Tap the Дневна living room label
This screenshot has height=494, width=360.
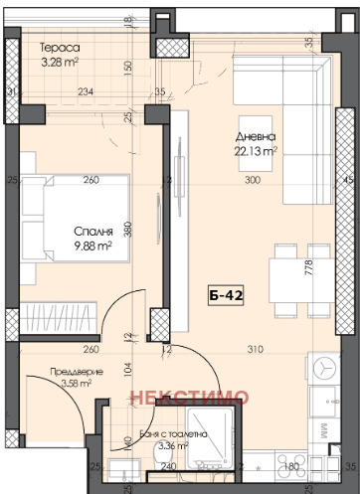point(256,137)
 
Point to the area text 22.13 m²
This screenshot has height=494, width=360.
point(257,151)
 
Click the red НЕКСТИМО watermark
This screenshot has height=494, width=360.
point(186,397)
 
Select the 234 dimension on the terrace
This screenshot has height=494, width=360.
point(86,92)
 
